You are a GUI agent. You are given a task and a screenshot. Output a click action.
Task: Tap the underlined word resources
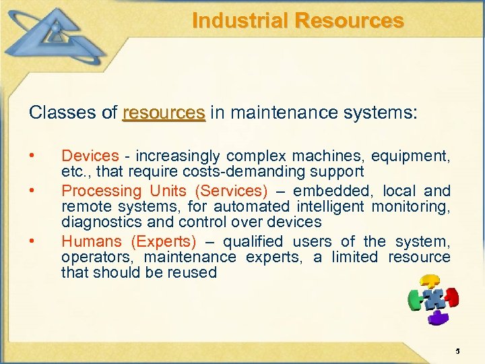coord(164,112)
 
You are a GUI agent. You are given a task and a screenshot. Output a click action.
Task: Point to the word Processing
coord(101,191)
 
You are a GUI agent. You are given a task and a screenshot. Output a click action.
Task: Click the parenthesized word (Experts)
coord(164,241)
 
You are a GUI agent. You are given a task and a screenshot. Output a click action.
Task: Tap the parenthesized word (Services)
coord(230,191)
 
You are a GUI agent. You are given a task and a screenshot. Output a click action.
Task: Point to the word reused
coord(194,272)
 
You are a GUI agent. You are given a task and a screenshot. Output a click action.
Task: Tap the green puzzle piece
coord(415,299)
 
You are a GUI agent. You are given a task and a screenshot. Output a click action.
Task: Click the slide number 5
coord(457,351)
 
